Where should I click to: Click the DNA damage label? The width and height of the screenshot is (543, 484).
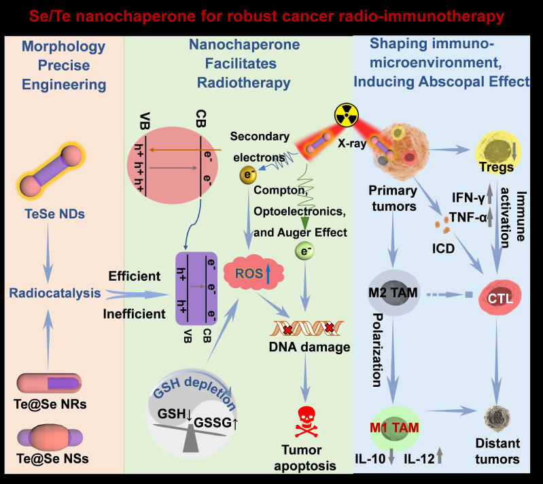(x=309, y=347)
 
